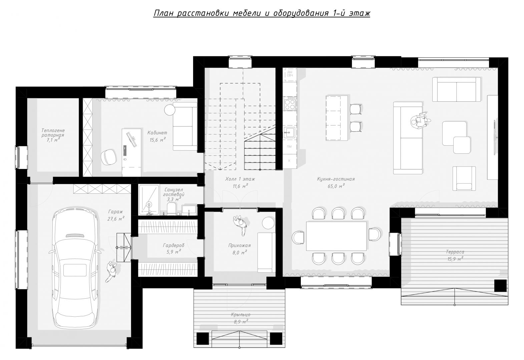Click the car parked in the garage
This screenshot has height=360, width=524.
[x=75, y=267]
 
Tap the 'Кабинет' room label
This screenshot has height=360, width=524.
[x=157, y=133]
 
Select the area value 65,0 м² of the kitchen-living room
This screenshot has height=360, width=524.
[x=336, y=186]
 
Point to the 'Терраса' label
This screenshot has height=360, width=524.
[x=455, y=252]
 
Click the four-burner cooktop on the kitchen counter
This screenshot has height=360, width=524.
[x=290, y=103]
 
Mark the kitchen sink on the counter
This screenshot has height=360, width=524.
[x=290, y=133]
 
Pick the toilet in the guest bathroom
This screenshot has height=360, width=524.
[x=171, y=209]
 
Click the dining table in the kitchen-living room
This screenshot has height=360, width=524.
[x=337, y=236]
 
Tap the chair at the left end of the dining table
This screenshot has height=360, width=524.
[x=298, y=238]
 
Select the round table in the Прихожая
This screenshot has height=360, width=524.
[x=268, y=223]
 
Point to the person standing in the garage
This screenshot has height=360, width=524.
[x=111, y=272]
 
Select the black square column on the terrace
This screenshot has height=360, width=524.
[x=500, y=285]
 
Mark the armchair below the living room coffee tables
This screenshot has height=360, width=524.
[x=464, y=178]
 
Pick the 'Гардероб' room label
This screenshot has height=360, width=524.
[x=173, y=245]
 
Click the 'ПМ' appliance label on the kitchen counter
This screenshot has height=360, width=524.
[x=290, y=147]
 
